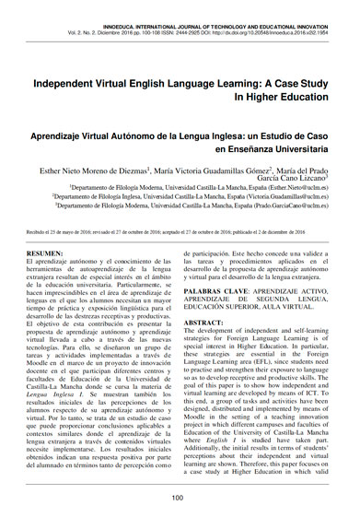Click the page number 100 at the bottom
point(180,499)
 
